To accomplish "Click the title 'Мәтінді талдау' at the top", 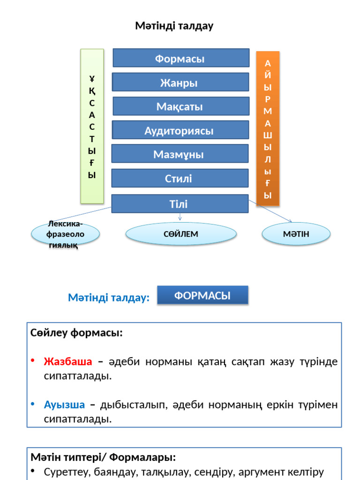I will point(174,26).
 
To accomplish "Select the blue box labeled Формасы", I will point(181,58).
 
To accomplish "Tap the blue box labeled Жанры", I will point(180,82).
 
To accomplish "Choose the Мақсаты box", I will point(181,106).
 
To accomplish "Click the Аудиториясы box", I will point(180,130).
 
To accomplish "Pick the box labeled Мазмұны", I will point(180,154).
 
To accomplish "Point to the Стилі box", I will point(180,178).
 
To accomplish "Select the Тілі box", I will point(180,204).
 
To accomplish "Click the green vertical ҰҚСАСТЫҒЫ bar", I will point(92,126).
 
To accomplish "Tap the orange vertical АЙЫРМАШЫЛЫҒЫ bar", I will point(268,128).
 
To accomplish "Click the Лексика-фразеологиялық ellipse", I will point(65,234).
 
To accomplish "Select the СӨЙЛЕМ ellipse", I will point(181,233).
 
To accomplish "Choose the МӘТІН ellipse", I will point(296,233).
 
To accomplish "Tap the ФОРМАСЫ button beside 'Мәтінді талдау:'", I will point(202,296).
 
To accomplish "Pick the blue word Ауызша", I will point(65,405).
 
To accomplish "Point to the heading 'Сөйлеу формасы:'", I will point(77,333).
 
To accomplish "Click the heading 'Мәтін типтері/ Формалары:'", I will point(103,457).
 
